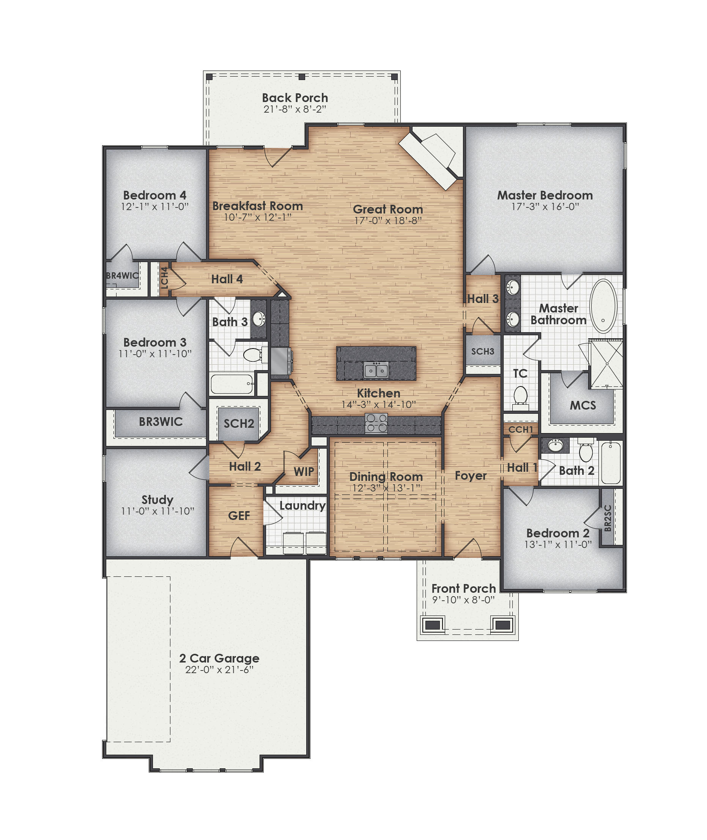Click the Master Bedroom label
coord(545,195)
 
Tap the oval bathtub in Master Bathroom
coord(603,306)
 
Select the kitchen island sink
coord(376,370)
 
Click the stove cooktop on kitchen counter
coord(376,423)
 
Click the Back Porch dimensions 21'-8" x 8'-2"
coord(294,109)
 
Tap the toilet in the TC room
coord(520,396)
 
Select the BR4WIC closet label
coord(122,276)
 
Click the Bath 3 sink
coord(259,319)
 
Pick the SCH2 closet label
coord(238,423)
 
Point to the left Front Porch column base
coord(431,625)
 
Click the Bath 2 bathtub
coord(611,463)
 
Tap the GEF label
coord(239,515)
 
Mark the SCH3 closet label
coord(483,351)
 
